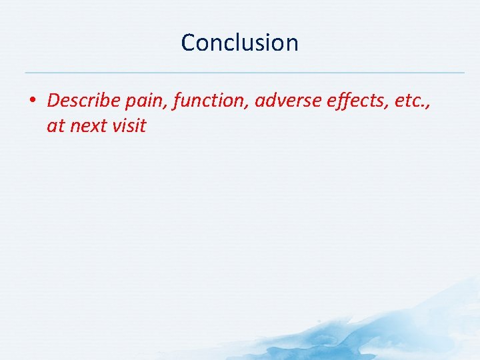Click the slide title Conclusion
239,43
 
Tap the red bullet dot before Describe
32,101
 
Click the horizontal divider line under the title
244,72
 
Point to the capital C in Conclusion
189,43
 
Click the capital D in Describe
54,101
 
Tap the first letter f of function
177,101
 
